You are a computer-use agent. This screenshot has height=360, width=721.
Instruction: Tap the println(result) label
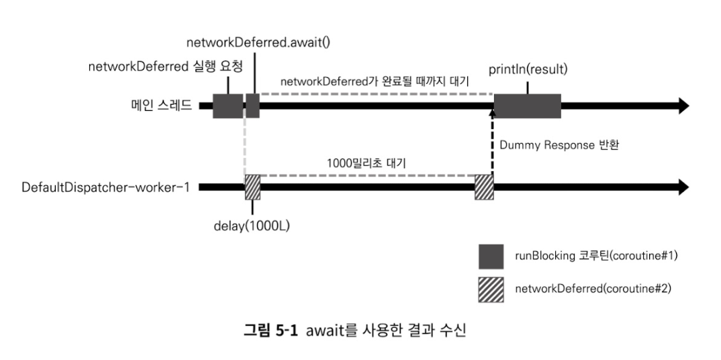click(528, 70)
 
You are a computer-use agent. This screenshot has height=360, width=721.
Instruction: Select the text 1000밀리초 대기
click(366, 163)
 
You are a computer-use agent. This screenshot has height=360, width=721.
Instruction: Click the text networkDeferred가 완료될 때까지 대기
click(374, 81)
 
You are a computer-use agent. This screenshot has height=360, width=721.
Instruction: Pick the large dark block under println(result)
click(528, 106)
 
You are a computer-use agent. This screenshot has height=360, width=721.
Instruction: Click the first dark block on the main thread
click(228, 106)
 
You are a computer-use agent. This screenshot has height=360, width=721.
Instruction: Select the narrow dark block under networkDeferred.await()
click(252, 106)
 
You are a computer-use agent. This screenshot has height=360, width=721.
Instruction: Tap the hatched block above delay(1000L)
click(252, 187)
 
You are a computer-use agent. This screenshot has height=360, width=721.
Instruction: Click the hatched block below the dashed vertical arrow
click(484, 187)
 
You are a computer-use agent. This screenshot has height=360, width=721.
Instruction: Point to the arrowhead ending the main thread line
click(683, 106)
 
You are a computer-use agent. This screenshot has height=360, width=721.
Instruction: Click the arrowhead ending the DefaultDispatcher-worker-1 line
click(683, 187)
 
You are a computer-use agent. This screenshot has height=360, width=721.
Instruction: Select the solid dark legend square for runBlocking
click(491, 257)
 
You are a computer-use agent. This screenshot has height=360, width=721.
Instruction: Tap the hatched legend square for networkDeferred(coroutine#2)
click(491, 289)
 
